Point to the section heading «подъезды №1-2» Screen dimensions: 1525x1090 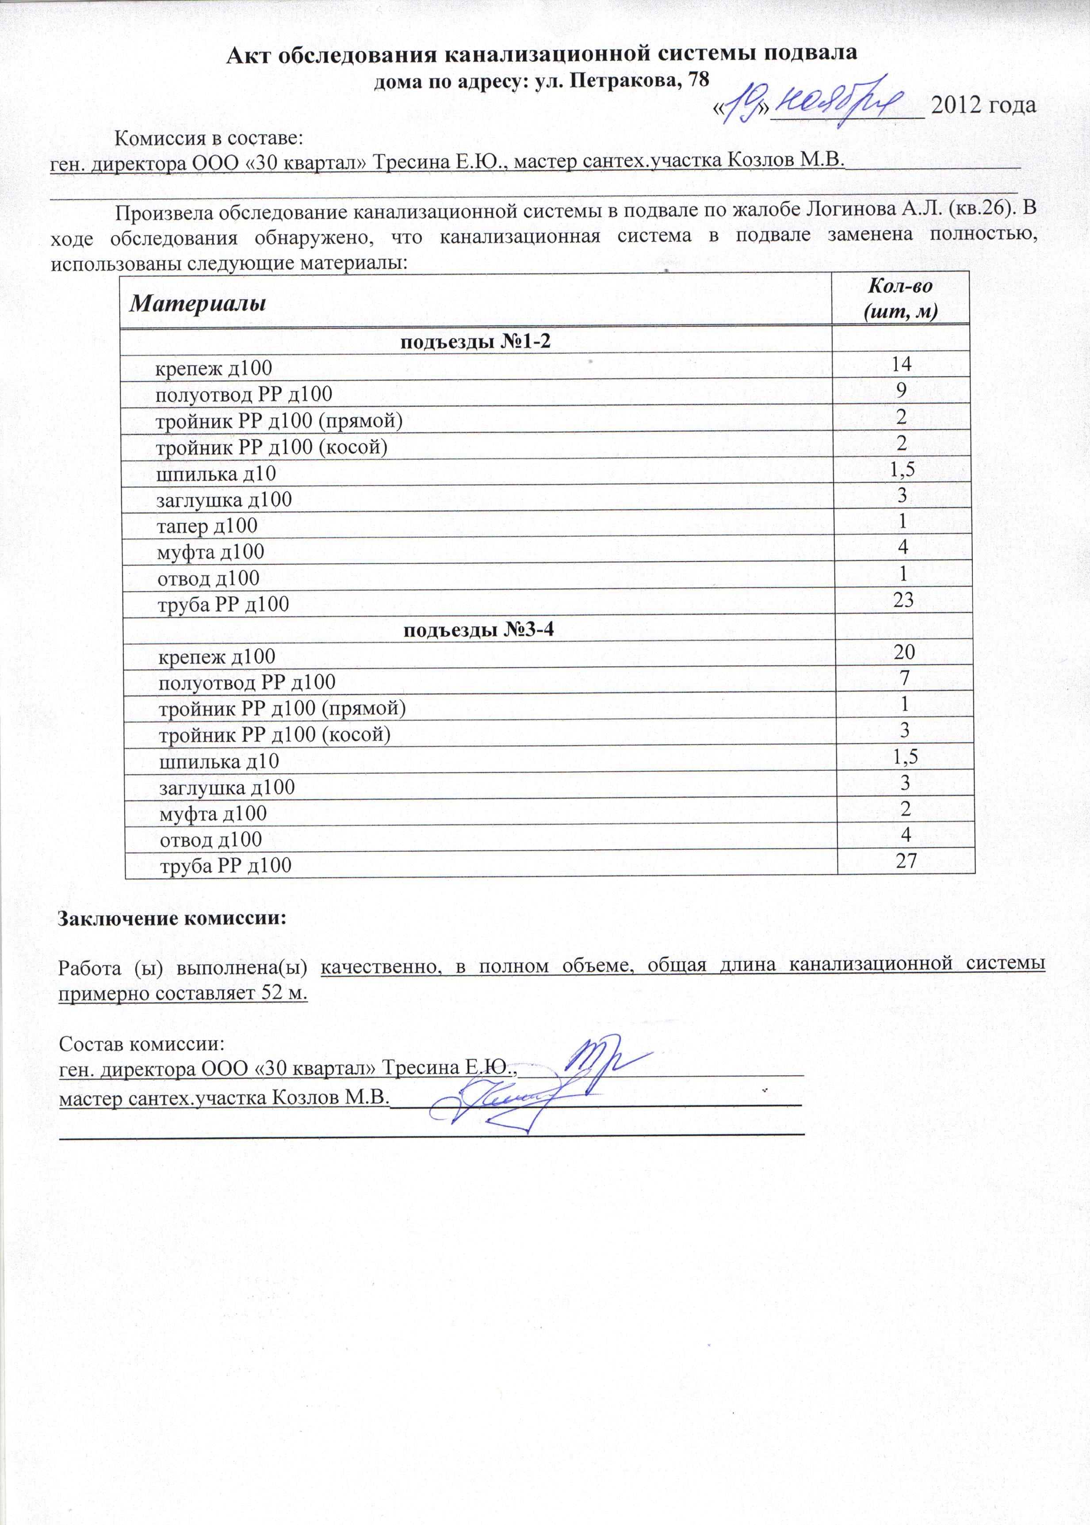(x=475, y=342)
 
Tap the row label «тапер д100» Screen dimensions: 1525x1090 (x=207, y=526)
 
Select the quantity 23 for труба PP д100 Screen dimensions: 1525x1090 (x=903, y=600)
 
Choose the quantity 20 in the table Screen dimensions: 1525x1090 (x=904, y=652)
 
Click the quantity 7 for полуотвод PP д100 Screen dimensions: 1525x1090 (x=905, y=678)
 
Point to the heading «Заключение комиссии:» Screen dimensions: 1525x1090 (x=172, y=917)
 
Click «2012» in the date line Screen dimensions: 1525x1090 (x=957, y=105)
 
